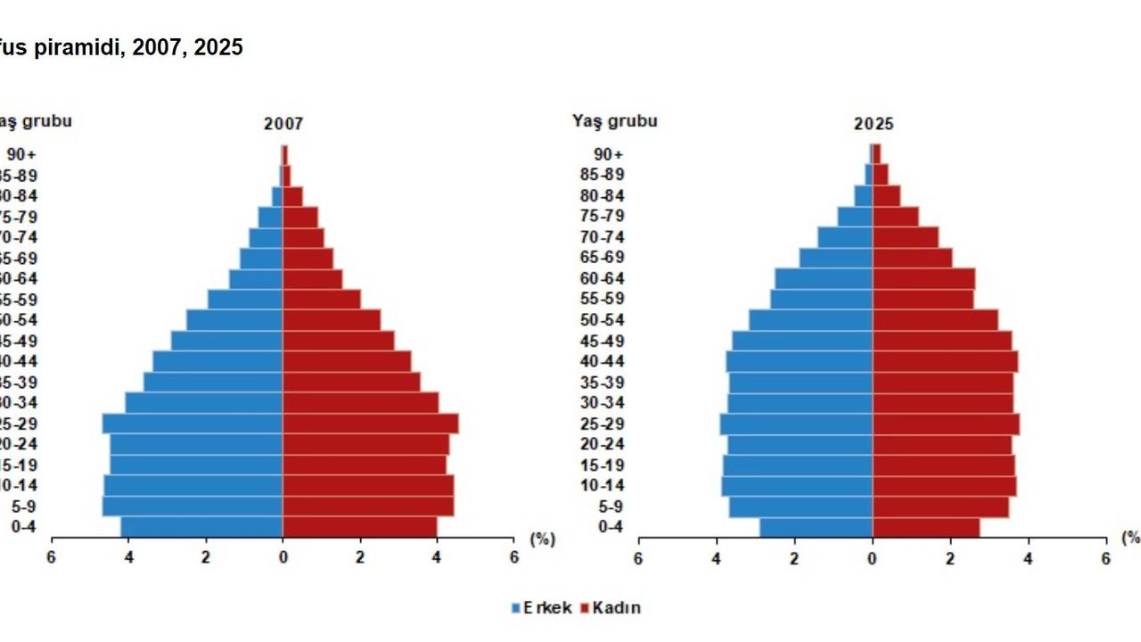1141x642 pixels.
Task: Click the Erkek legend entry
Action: tap(541, 608)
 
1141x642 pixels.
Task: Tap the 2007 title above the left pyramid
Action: tap(283, 125)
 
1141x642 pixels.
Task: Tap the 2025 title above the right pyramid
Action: tap(873, 125)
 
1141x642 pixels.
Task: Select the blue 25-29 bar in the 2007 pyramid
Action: tap(192, 424)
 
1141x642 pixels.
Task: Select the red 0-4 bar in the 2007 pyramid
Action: tap(359, 527)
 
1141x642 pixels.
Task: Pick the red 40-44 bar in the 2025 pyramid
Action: tap(945, 361)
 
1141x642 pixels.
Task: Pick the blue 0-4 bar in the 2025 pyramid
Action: tap(816, 527)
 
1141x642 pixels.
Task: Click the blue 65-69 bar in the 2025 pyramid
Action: tap(836, 258)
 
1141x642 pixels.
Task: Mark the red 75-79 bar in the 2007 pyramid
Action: tap(300, 217)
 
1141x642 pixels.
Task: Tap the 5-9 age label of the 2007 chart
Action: tap(23, 506)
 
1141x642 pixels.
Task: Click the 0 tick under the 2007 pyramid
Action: tap(283, 557)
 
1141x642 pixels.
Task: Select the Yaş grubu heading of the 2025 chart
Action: tap(614, 120)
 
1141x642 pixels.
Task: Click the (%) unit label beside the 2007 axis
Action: tap(542, 539)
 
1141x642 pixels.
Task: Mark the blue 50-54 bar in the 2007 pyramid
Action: tap(234, 320)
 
